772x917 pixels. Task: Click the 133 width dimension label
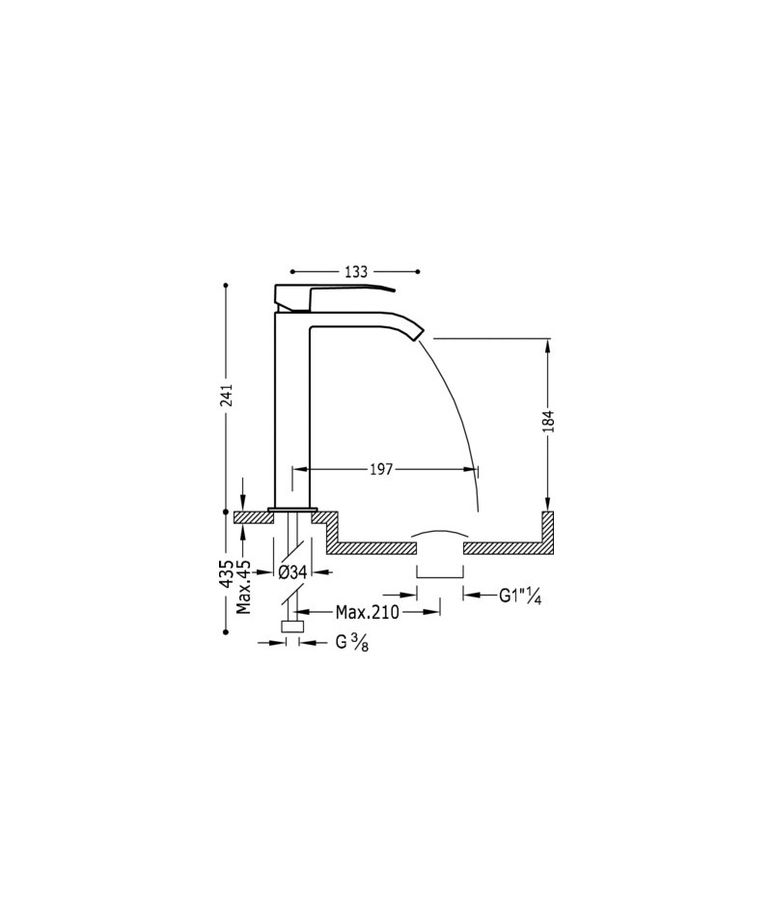point(355,272)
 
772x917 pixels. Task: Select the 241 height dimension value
point(227,395)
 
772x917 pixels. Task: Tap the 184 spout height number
point(548,421)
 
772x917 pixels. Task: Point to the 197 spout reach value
point(381,470)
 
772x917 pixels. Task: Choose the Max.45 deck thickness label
point(243,587)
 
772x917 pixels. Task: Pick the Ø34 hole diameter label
point(292,572)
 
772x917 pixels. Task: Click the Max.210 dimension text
point(368,612)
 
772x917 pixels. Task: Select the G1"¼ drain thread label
point(520,596)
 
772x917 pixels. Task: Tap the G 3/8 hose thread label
point(351,643)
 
